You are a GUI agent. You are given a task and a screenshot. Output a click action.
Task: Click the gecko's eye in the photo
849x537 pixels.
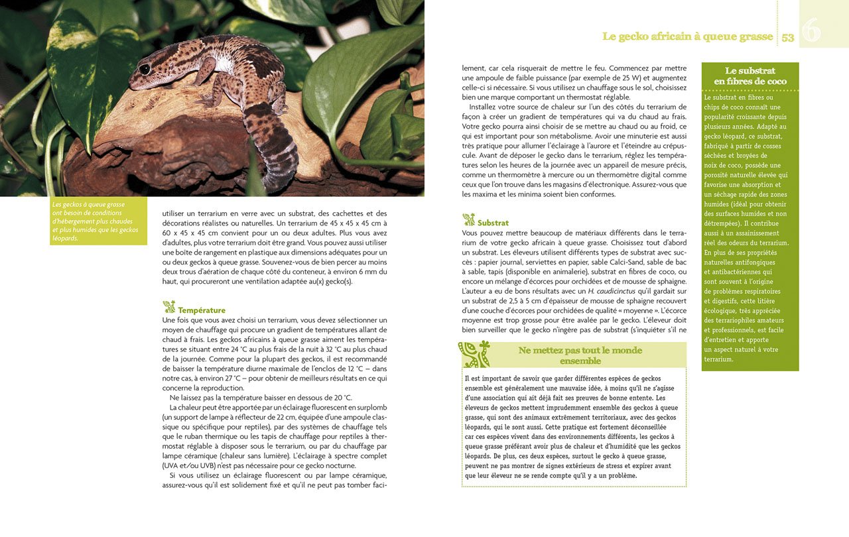point(145,69)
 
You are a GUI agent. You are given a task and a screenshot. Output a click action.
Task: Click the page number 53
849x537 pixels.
point(787,38)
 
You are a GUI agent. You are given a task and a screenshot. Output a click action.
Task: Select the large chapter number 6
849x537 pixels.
point(811,30)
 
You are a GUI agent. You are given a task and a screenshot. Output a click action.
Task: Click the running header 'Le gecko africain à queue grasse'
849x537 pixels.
point(687,37)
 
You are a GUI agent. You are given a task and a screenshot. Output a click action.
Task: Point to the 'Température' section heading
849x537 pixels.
point(202,310)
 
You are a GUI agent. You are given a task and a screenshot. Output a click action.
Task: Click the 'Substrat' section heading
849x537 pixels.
point(493,223)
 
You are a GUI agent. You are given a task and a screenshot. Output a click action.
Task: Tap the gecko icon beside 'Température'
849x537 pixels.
point(169,307)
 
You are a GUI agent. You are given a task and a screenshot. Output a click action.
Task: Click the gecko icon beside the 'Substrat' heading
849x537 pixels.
point(469,220)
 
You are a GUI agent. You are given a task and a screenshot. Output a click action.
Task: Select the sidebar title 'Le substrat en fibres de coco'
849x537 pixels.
point(750,76)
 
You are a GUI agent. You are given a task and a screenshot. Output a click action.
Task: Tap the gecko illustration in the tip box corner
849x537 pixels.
point(475,354)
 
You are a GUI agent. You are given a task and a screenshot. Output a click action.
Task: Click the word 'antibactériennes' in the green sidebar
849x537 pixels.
point(730,272)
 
